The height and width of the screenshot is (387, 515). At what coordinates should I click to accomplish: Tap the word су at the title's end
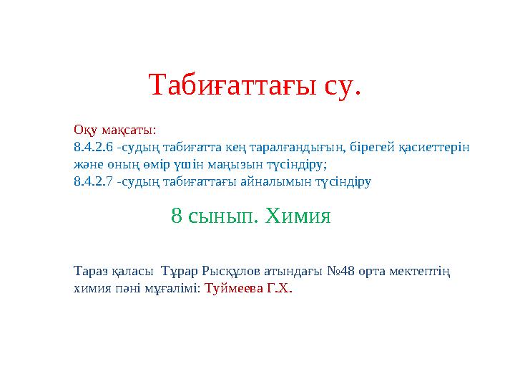[343, 85]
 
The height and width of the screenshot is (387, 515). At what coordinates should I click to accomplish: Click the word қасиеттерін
[433, 148]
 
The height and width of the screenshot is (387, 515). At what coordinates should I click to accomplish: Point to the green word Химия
[298, 214]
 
